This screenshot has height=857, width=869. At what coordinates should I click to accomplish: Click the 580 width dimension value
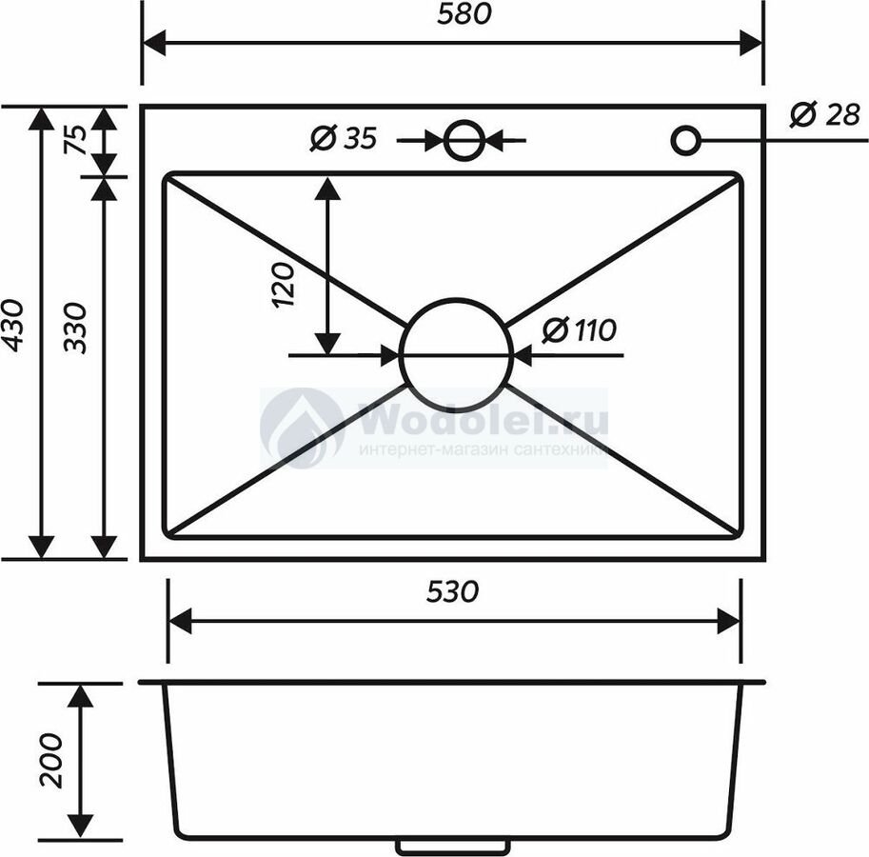(x=464, y=14)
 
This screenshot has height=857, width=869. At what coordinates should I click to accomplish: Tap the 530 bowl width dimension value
(x=452, y=591)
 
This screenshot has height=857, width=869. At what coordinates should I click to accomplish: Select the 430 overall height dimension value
(x=13, y=326)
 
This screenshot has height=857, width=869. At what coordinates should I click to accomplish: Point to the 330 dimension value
(x=75, y=328)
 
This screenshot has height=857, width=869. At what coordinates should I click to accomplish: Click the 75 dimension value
(x=76, y=140)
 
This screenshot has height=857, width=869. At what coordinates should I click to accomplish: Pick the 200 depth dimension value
(x=51, y=760)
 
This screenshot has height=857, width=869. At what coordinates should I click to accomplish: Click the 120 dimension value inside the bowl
(x=284, y=285)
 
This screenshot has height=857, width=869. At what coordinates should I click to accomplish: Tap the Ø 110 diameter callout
(x=579, y=329)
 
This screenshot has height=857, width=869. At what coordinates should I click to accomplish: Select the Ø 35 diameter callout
(x=344, y=138)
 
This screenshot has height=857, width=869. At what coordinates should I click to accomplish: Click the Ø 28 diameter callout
(x=825, y=115)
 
